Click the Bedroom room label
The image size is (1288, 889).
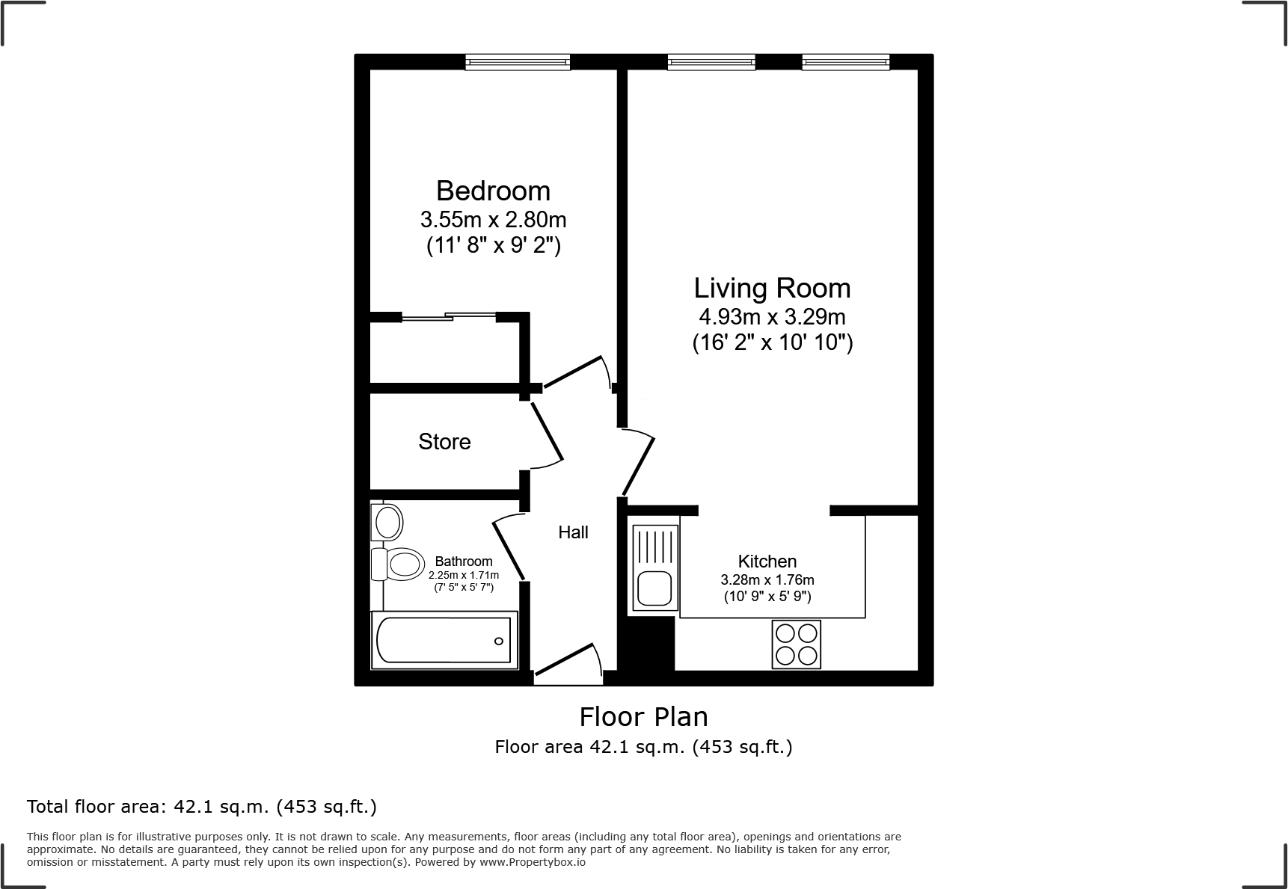(493, 191)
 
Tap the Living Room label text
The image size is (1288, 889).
(772, 288)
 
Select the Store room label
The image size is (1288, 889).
(444, 442)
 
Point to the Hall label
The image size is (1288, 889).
(573, 532)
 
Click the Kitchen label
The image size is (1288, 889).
(767, 562)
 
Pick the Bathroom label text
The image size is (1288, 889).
(464, 562)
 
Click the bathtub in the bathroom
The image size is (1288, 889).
(444, 641)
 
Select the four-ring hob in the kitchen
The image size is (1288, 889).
(796, 645)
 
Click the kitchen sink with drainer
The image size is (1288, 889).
(655, 568)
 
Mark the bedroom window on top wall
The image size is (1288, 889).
(518, 63)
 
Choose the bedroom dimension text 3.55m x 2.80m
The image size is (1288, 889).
(493, 220)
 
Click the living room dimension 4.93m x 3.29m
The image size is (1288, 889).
(772, 316)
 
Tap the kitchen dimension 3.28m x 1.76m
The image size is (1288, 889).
(767, 579)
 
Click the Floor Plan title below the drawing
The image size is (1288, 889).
(643, 717)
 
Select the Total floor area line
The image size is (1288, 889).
(202, 807)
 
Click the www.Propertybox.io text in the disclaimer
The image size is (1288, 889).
(533, 862)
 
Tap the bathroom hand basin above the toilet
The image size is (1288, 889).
(387, 520)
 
